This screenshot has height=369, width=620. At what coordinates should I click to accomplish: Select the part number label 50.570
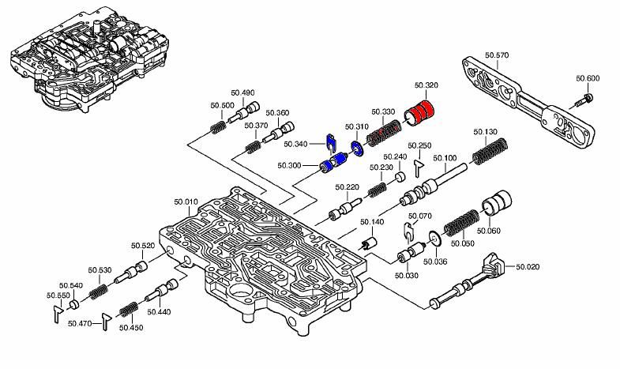(x=497, y=55)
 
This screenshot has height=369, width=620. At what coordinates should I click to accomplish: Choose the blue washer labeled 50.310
(x=357, y=147)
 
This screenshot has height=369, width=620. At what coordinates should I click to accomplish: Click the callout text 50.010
(x=186, y=202)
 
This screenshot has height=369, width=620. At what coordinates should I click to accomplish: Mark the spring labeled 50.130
(x=489, y=150)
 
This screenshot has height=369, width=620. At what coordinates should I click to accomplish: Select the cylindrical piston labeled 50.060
(x=498, y=205)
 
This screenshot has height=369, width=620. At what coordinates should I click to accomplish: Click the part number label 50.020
(x=528, y=268)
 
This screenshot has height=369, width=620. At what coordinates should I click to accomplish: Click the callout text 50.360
(x=276, y=113)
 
